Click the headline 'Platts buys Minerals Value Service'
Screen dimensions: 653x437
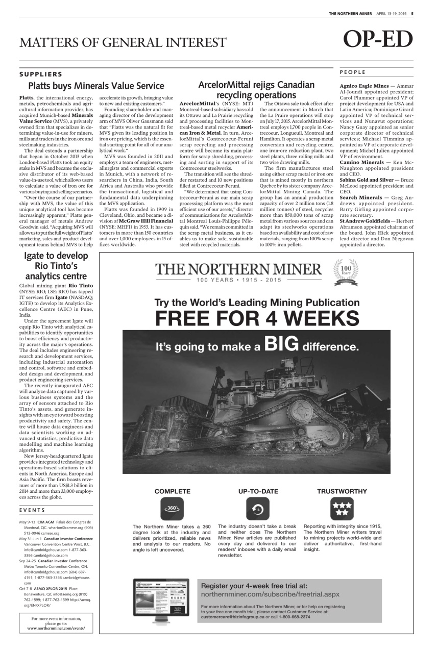coord(96,85)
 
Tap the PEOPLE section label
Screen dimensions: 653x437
coord(352,72)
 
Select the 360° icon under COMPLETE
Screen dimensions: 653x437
coord(172,508)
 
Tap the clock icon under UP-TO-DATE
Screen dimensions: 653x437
coord(258,508)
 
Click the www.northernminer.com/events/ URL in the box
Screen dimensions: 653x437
coord(56,628)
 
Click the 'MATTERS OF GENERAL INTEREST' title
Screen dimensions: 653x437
coord(123,42)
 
